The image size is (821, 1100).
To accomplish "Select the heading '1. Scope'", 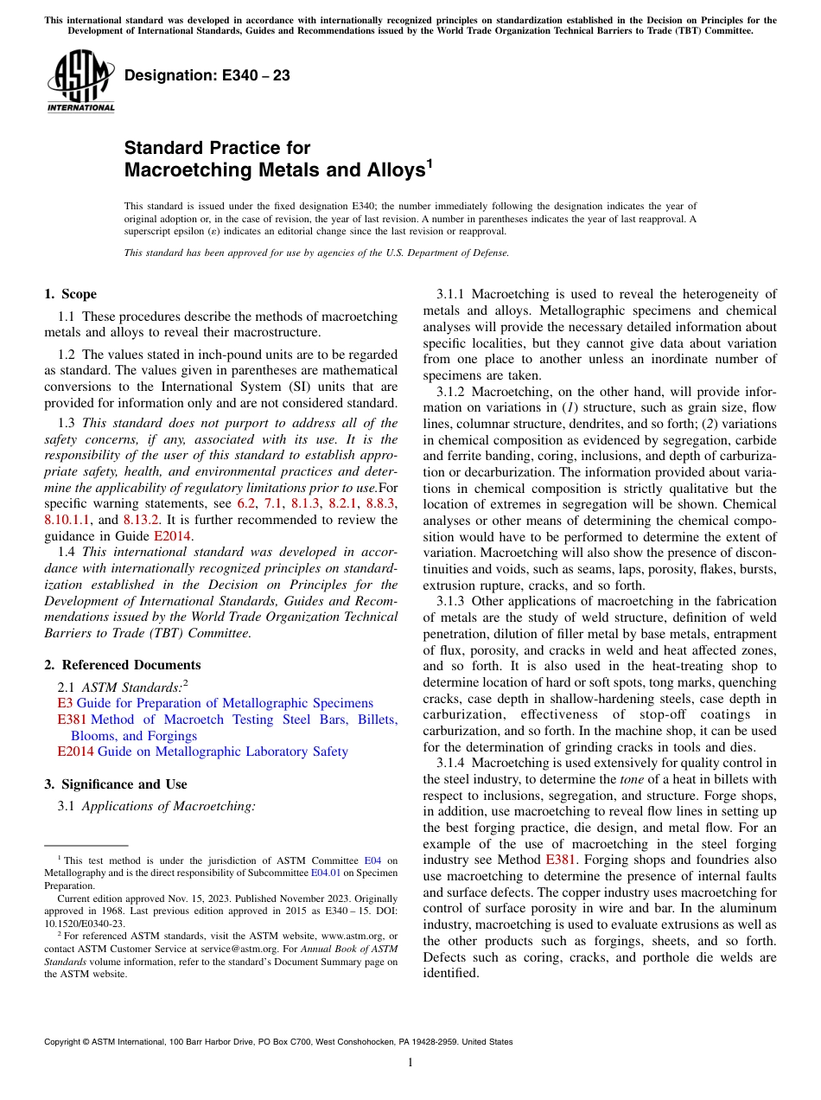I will pyautogui.click(x=70, y=294).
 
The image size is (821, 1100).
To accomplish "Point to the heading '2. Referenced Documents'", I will pyautogui.click(x=122, y=665).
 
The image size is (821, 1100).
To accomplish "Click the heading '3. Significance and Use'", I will pyautogui.click(x=115, y=784).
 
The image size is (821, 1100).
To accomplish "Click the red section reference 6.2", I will pyautogui.click(x=245, y=503).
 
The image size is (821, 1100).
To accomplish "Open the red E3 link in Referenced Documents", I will pyautogui.click(x=65, y=703).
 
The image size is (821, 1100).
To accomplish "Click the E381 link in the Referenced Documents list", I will pyautogui.click(x=72, y=719).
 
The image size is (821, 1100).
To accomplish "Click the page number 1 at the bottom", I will pyautogui.click(x=410, y=1063).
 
